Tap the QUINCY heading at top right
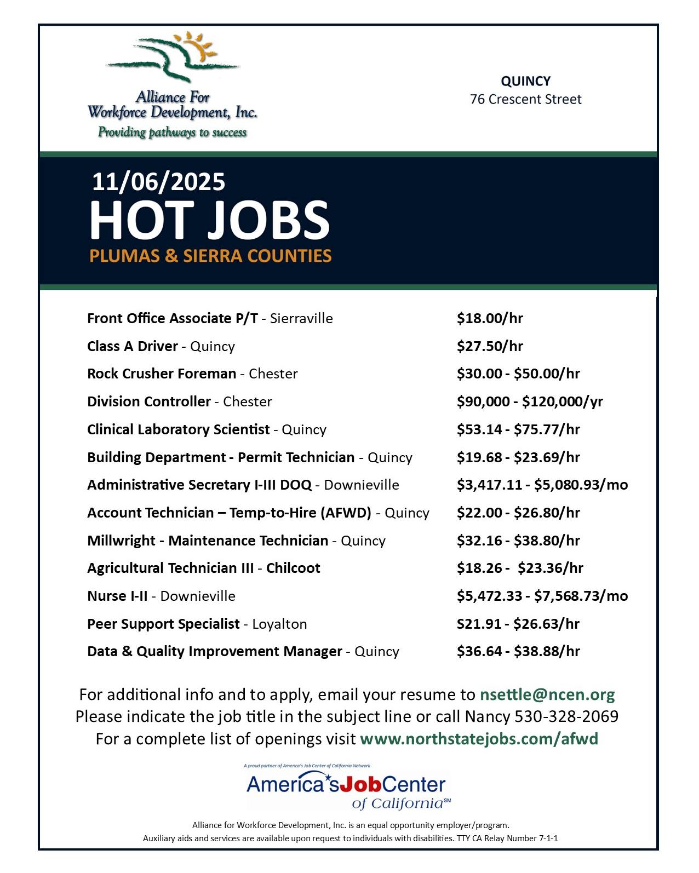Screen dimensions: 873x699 [x=525, y=81]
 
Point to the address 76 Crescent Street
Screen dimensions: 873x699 [x=525, y=100]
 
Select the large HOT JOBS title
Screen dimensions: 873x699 [x=210, y=220]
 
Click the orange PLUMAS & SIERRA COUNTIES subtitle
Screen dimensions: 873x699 [x=210, y=256]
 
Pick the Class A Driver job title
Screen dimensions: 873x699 [x=133, y=346]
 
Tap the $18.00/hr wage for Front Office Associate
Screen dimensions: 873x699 [x=490, y=318]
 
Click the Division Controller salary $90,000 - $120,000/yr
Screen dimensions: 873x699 [x=530, y=401]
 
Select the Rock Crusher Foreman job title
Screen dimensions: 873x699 [x=162, y=374]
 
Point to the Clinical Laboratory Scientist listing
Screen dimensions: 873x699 [x=179, y=429]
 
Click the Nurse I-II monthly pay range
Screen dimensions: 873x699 [x=542, y=596]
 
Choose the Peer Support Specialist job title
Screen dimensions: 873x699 [x=163, y=624]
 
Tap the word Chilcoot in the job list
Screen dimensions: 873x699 [x=293, y=568]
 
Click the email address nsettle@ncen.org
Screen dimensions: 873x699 [x=547, y=694]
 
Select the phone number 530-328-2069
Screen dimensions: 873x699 [x=566, y=716]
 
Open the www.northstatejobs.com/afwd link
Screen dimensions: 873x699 [x=479, y=739]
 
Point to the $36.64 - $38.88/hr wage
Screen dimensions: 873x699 [x=518, y=651]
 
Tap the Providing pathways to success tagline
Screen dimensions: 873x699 [x=172, y=133]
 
